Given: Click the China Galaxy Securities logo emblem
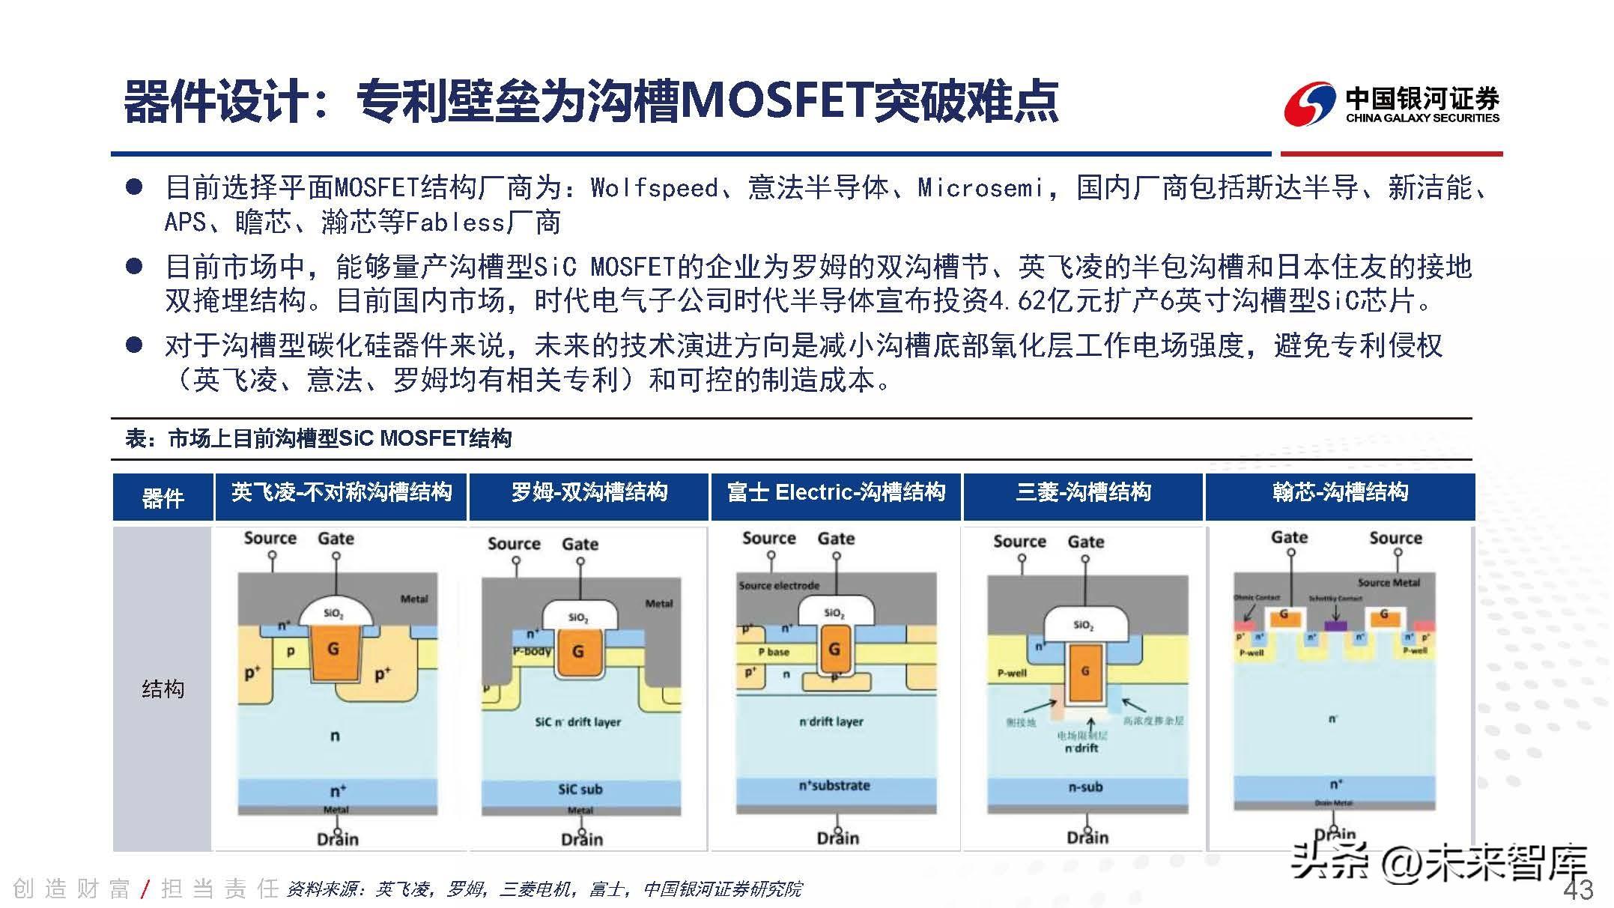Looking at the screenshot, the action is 1309,104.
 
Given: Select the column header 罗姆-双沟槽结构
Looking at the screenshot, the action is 589,493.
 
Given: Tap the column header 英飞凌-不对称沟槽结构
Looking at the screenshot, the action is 342,493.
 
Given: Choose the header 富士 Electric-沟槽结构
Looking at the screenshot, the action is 836,493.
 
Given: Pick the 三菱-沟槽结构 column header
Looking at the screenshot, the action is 1083,493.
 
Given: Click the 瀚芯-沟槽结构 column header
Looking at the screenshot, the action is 1340,493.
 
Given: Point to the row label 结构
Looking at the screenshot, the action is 163,688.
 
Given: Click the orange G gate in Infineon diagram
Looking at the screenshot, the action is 333,650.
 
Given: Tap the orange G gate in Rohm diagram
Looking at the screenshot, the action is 577,651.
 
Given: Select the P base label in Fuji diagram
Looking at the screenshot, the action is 774,652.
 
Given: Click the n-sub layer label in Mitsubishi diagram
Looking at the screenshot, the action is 1085,787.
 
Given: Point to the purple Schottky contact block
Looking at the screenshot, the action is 1335,625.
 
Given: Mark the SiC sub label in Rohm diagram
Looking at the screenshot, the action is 580,789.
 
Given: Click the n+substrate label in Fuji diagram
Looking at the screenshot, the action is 834,785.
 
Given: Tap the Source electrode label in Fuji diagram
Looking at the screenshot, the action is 779,585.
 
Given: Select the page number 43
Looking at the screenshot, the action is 1578,890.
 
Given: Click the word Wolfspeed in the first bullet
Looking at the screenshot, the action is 655,188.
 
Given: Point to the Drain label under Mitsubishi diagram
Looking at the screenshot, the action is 1087,838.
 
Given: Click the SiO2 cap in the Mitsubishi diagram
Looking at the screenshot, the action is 1084,624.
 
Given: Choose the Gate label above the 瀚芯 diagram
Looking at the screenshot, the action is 1289,537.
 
